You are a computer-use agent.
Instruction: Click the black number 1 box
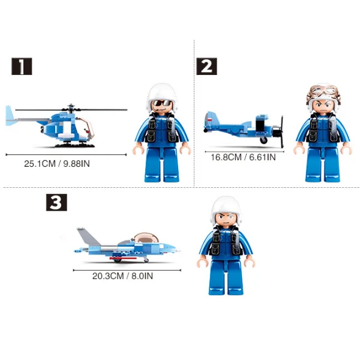tap(22, 67)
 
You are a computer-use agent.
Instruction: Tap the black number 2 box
tap(206, 67)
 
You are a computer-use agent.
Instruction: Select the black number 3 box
tap(56, 202)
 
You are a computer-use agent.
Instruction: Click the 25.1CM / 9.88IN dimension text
tap(57, 164)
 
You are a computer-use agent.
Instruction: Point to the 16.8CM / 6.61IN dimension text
tap(243, 157)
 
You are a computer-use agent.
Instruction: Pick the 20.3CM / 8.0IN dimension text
tap(122, 276)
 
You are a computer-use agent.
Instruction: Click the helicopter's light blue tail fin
tap(10, 116)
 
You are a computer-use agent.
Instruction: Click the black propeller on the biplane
tap(281, 132)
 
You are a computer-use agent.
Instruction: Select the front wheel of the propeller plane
tap(263, 140)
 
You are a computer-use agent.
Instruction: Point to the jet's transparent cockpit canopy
tap(146, 238)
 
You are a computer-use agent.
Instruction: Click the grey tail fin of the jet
tap(88, 236)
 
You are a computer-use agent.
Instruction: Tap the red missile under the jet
tap(123, 258)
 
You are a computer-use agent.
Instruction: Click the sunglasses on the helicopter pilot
tap(162, 103)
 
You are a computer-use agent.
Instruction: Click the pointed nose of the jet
tap(179, 250)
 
